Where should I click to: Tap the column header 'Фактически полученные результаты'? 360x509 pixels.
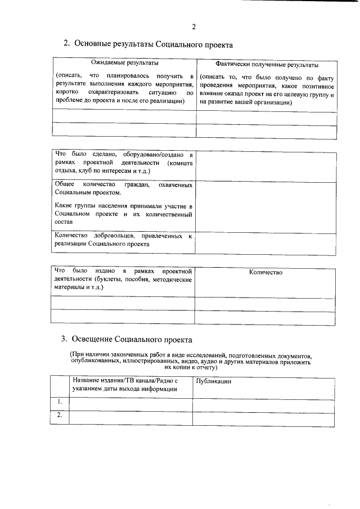coord(267,65)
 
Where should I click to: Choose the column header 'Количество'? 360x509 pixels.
coord(265,272)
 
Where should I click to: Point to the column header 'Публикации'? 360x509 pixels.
coord(214,381)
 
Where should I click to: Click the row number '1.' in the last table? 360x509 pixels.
coord(59,402)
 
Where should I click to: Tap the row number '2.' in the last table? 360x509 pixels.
coord(59,416)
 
